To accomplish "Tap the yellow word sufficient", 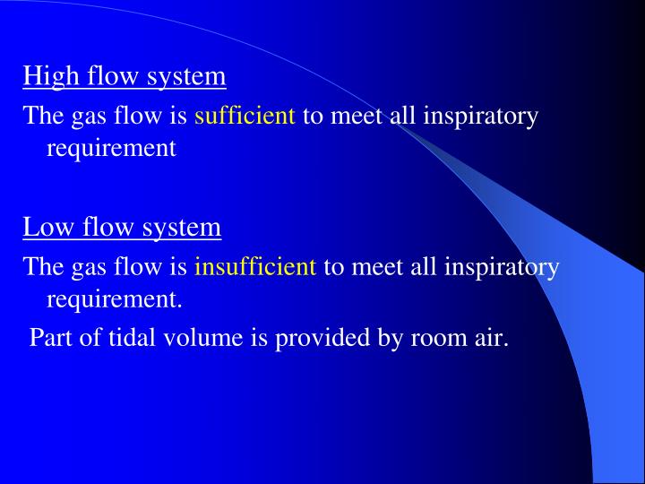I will coord(245,116).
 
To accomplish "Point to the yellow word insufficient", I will coord(255,266).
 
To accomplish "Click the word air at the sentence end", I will coord(488,338).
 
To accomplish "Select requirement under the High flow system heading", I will coord(111,148).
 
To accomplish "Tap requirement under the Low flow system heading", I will coord(113,298).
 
